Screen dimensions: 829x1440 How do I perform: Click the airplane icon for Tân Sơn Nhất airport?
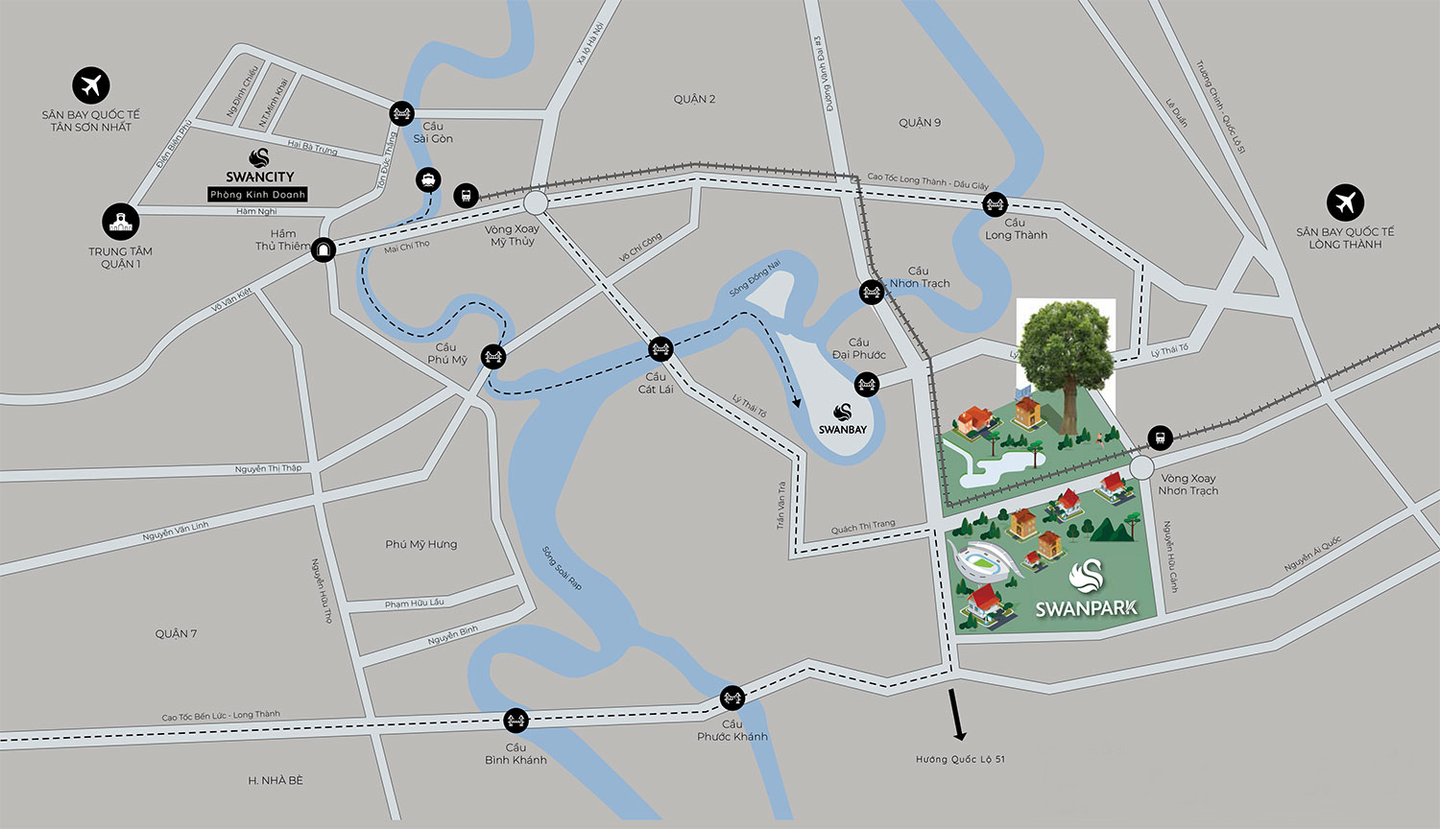(91, 84)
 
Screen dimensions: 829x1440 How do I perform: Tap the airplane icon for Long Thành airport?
(1345, 202)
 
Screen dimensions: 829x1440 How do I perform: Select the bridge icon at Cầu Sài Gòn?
(401, 114)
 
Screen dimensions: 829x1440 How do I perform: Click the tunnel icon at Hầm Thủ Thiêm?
(324, 249)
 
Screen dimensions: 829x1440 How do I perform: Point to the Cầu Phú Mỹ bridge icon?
(493, 356)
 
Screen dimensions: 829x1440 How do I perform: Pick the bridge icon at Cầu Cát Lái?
(660, 347)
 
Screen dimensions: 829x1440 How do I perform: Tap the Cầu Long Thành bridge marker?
(996, 203)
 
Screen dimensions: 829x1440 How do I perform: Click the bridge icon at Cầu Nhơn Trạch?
(871, 292)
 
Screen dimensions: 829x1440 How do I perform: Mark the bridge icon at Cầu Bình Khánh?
(516, 720)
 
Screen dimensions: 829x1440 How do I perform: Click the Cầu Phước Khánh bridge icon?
(732, 697)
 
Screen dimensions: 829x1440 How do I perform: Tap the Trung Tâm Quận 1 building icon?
(121, 223)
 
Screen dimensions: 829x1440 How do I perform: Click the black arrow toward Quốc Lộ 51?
(957, 715)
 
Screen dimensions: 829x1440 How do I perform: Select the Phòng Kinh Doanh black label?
(258, 195)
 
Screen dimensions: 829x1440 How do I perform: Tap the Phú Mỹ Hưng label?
(421, 544)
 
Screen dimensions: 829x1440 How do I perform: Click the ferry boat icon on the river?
(427, 179)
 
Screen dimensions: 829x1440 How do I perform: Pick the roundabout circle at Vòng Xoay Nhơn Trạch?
(1141, 467)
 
